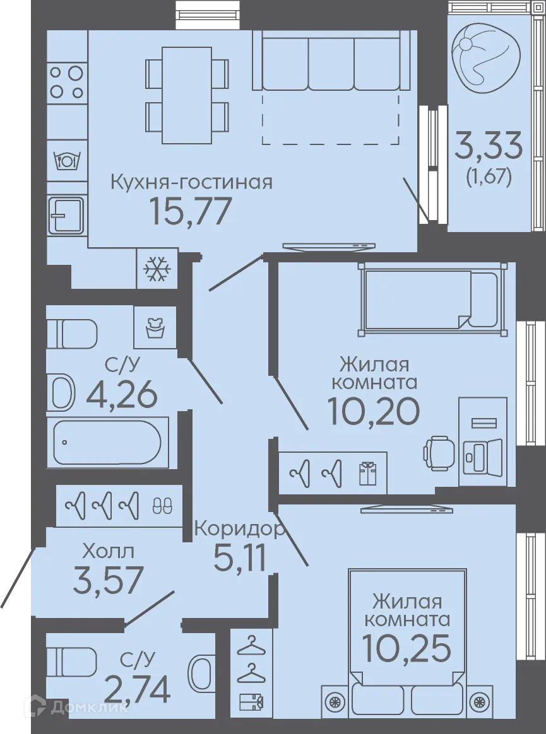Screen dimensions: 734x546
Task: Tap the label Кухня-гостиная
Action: (x=191, y=183)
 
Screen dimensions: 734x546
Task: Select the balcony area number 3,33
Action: (x=489, y=146)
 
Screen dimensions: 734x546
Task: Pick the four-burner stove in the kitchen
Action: (x=67, y=81)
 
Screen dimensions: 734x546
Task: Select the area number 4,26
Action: (x=122, y=395)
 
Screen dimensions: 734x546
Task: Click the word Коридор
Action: (x=238, y=528)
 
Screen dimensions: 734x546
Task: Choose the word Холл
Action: (x=108, y=552)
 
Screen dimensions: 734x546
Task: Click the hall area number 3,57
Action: (x=109, y=581)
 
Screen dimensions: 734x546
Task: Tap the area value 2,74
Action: (x=137, y=689)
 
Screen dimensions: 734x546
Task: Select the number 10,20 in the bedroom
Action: (x=373, y=412)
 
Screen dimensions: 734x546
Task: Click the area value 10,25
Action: (x=407, y=646)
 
